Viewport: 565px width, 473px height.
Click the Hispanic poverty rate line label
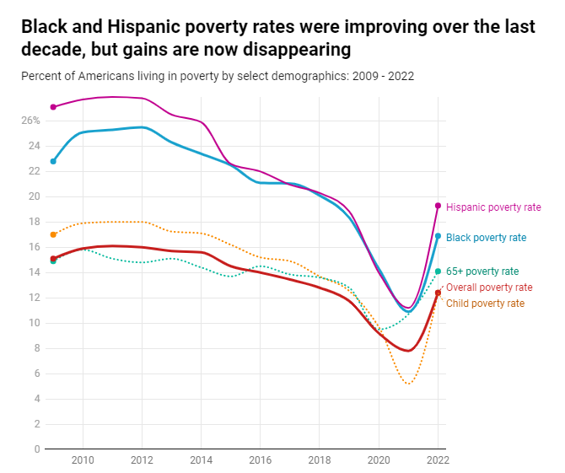[x=493, y=207]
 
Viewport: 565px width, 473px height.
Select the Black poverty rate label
[x=486, y=238]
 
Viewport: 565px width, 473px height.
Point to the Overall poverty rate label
[x=489, y=288]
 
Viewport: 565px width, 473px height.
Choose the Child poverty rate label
[x=485, y=304]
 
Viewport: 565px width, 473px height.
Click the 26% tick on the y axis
[x=30, y=121]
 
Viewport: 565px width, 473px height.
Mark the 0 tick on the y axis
[x=36, y=449]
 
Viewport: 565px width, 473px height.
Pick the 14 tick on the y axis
[x=35, y=272]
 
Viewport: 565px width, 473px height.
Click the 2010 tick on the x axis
[x=83, y=460]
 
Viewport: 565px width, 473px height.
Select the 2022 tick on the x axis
[x=437, y=460]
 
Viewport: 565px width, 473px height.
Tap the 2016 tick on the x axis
[x=260, y=460]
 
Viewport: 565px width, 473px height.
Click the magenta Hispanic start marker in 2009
[x=53, y=107]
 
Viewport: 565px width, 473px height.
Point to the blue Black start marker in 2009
[x=53, y=161]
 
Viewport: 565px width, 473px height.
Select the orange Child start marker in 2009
[x=53, y=234]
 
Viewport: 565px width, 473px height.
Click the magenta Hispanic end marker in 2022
[x=438, y=206]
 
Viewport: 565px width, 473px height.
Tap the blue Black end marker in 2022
[x=438, y=236]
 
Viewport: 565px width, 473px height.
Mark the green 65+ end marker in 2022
[x=438, y=271]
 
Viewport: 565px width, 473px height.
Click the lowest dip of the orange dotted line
[x=409, y=384]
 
